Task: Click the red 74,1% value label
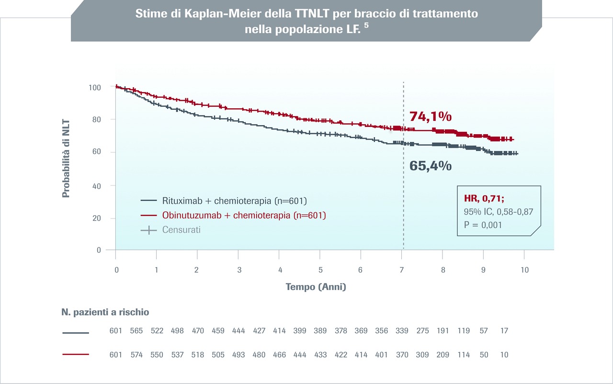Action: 431,116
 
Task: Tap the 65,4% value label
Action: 431,166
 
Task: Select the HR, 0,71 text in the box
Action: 484,198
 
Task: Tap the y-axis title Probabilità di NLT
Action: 66,159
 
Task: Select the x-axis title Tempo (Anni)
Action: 316,287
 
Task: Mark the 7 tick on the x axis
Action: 402,270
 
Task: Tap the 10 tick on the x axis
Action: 524,270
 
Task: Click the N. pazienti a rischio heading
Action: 105,312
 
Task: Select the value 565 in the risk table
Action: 136,331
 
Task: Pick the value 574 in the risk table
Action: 136,355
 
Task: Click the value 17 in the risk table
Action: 503,331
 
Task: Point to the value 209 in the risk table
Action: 443,355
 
